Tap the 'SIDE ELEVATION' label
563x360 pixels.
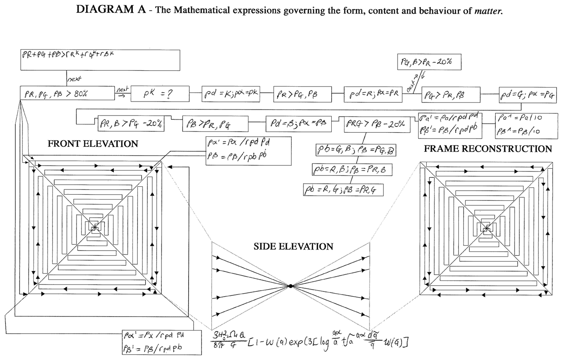click(x=293, y=246)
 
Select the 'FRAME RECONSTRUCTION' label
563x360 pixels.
click(x=488, y=149)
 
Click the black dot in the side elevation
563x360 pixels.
click(x=290, y=286)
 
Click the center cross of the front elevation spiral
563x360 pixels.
click(x=95, y=227)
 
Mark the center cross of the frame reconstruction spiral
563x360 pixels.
click(x=486, y=229)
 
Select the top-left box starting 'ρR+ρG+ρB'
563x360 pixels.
click(x=100, y=60)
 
